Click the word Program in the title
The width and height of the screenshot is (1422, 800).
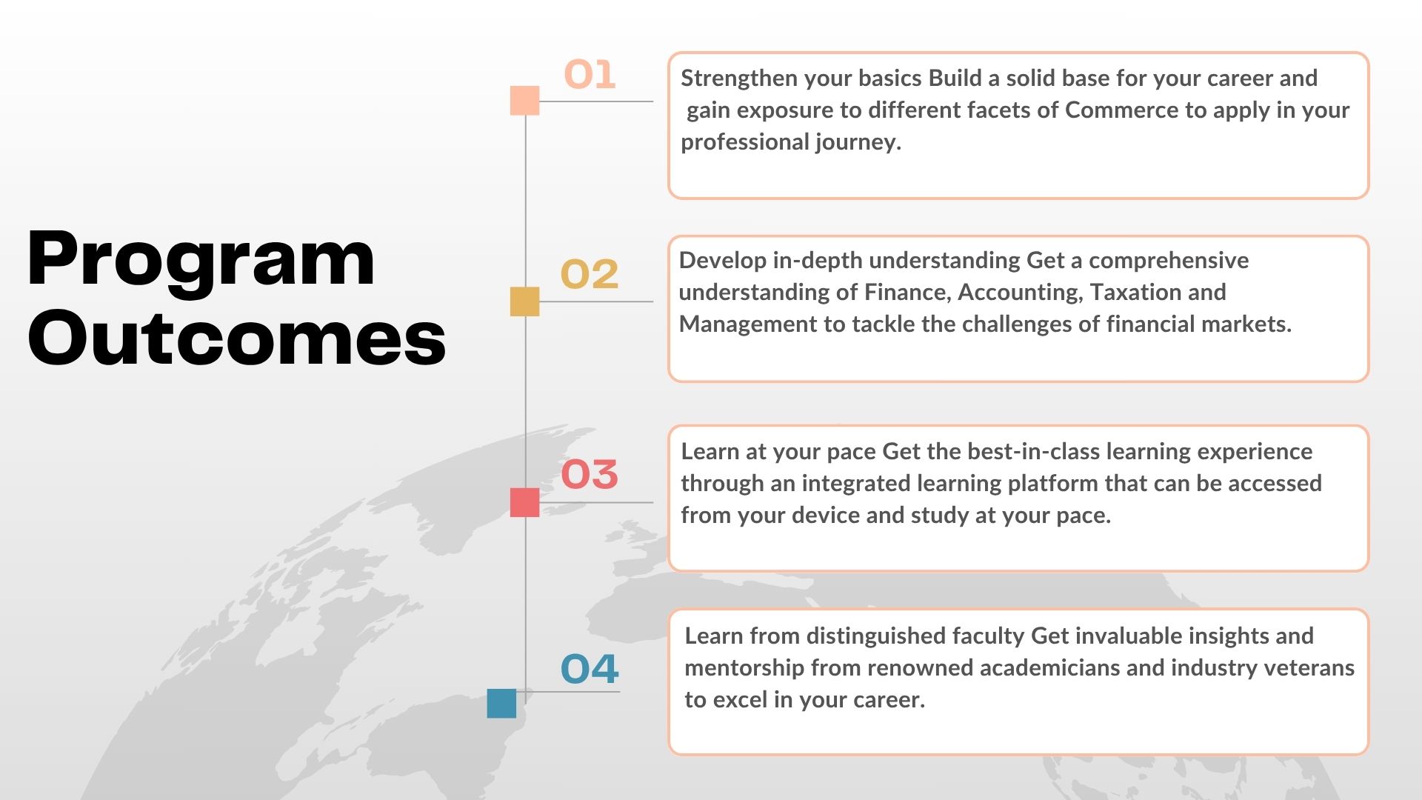[x=201, y=259]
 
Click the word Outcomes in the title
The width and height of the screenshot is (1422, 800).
[x=236, y=337]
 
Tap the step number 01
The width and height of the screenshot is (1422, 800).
[x=590, y=75]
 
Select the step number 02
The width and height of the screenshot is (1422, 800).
[x=589, y=274]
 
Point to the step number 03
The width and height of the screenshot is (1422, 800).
[x=589, y=474]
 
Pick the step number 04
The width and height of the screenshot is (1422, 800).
[x=589, y=669]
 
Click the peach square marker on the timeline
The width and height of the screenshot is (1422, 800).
[x=524, y=101]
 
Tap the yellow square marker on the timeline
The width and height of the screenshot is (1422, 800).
[x=524, y=301]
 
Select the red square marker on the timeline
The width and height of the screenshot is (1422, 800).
[x=524, y=502]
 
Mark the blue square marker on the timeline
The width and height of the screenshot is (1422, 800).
[x=501, y=703]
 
